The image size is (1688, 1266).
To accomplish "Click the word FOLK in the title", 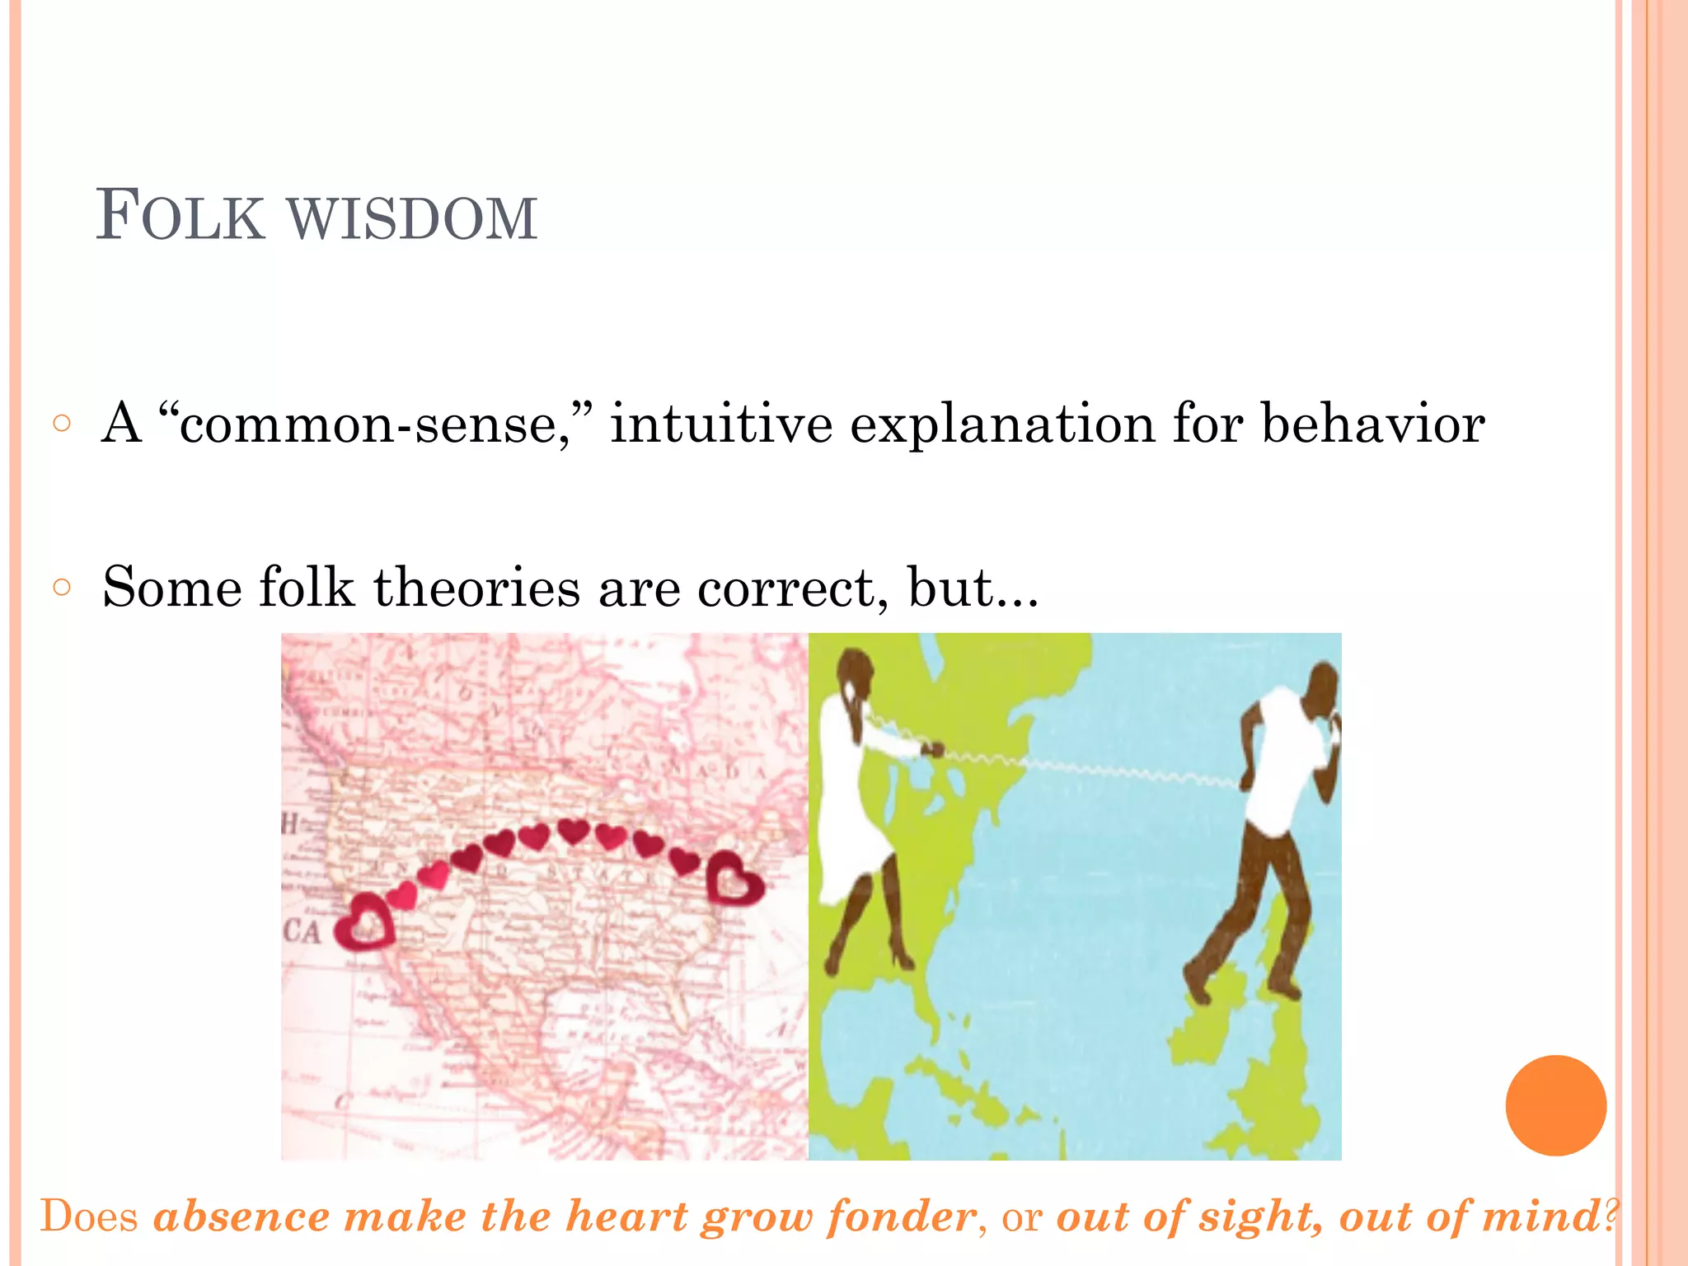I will [180, 216].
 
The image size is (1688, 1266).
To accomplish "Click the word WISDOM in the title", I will [412, 219].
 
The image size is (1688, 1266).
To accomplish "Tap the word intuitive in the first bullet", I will [721, 424].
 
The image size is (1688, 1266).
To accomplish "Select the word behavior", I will [1373, 424].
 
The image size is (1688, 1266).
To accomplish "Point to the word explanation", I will [1002, 425].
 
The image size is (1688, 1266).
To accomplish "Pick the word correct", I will [792, 588].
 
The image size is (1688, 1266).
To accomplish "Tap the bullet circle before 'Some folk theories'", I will [62, 587].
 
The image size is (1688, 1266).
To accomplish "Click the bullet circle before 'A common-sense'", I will [62, 424].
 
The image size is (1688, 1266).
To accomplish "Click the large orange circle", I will [1555, 1105].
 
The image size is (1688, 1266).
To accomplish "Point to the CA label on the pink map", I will [302, 932].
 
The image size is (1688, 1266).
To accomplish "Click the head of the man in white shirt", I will [1324, 686].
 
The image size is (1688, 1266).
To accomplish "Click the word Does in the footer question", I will [89, 1217].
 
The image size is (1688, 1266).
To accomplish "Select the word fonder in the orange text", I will [902, 1217].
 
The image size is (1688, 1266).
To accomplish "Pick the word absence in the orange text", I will [241, 1217].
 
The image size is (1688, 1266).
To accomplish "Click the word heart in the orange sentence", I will [627, 1217].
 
